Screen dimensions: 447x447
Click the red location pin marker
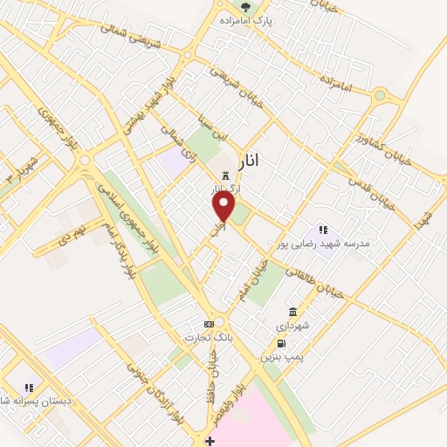point(224,206)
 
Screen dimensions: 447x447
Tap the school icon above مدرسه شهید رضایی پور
point(322,230)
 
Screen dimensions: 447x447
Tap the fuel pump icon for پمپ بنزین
point(280,343)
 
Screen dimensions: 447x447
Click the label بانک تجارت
point(206,337)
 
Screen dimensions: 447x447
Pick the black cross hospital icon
point(210,441)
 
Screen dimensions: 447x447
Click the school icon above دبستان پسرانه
point(29,387)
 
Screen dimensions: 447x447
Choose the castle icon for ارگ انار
point(225,175)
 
